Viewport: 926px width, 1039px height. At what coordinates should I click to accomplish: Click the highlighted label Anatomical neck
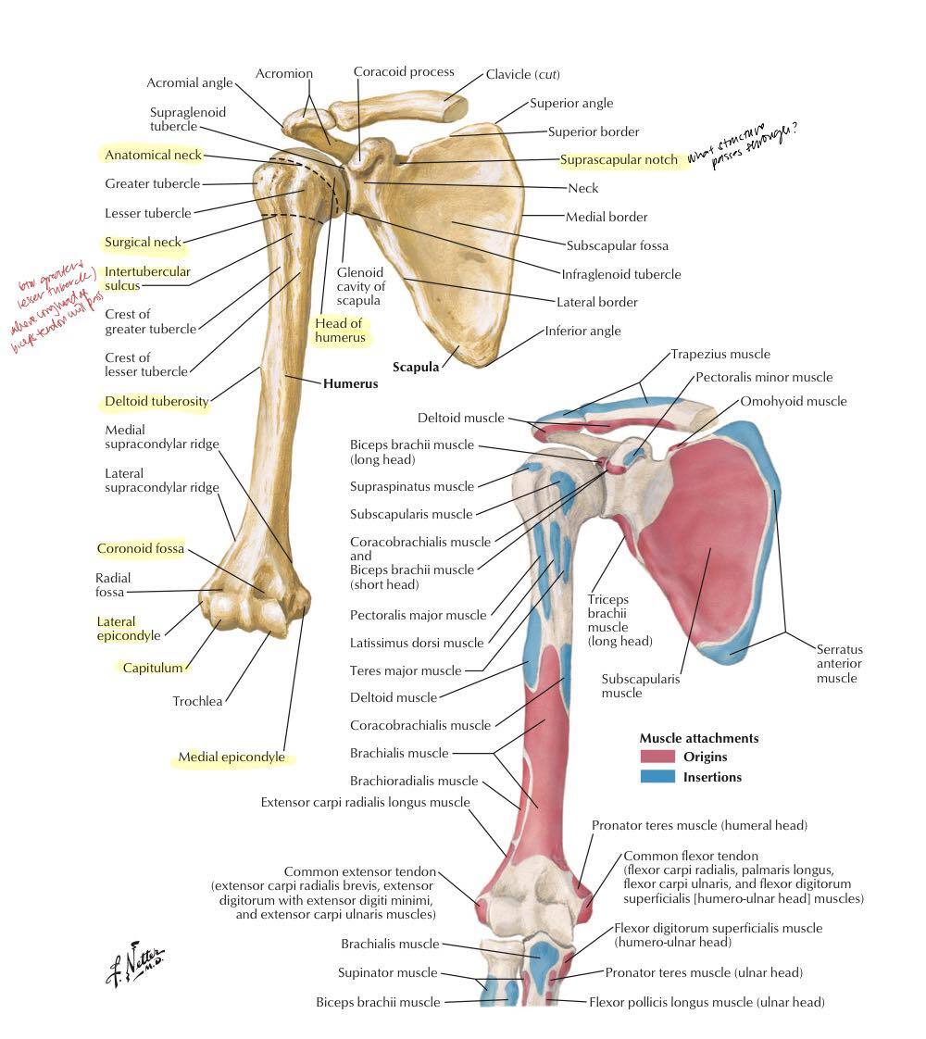(153, 155)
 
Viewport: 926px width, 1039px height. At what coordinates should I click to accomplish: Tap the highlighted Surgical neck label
(143, 243)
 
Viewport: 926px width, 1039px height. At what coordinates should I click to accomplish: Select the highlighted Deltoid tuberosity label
(156, 402)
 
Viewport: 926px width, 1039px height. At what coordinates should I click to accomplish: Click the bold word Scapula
(415, 367)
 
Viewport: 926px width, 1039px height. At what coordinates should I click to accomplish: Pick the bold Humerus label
(350, 382)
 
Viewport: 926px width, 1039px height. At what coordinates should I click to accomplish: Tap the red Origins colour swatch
(657, 757)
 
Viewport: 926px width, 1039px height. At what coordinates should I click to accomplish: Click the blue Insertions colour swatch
(657, 777)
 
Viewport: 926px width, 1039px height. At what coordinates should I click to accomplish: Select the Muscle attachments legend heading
(699, 738)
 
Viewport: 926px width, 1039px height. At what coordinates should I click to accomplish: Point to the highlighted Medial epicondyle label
(231, 757)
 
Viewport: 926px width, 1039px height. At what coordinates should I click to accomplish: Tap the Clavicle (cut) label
(522, 74)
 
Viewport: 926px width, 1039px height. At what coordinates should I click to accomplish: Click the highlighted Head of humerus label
(338, 331)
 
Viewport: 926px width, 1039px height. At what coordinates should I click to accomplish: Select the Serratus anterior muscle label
(839, 663)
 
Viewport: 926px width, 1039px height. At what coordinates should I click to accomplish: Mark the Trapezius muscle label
(720, 354)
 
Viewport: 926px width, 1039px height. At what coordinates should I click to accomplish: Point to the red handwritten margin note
(56, 308)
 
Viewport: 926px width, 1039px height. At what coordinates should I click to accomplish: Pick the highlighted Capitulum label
(153, 667)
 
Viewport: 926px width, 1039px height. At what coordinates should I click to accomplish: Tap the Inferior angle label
(582, 331)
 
